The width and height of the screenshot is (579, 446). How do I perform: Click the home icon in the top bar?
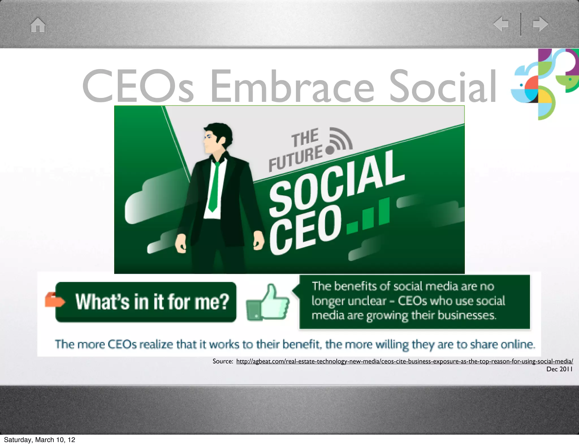tap(38, 25)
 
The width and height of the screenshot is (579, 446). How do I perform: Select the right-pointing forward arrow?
tap(540, 24)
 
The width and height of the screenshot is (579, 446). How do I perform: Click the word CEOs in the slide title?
tap(138, 86)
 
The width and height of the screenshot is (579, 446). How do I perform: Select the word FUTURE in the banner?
tap(295, 159)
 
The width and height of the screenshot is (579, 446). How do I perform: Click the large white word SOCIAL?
tap(336, 184)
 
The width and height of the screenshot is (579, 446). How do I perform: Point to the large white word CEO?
tap(305, 229)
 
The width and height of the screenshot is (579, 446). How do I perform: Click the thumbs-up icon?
tap(269, 303)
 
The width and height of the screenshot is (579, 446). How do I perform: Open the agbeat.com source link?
tap(404, 361)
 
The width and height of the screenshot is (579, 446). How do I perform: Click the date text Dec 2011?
tap(559, 369)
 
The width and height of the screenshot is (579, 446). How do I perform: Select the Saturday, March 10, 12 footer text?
tap(40, 439)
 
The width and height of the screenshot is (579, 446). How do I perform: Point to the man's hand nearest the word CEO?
tap(258, 241)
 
